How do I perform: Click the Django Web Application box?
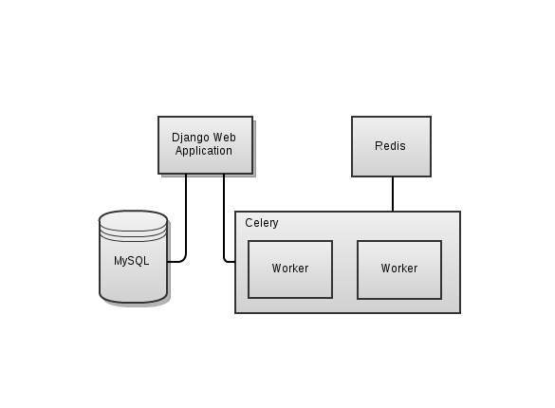pyautogui.click(x=205, y=145)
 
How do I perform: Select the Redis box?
pyautogui.click(x=391, y=146)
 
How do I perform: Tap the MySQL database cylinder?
pyautogui.click(x=133, y=257)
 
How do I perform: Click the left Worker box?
pyautogui.click(x=290, y=269)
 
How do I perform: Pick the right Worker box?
pyautogui.click(x=399, y=269)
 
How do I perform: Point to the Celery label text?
pyautogui.click(x=262, y=223)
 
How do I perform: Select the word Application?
pyautogui.click(x=204, y=151)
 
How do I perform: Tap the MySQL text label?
pyautogui.click(x=131, y=261)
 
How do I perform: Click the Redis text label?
pyautogui.click(x=390, y=146)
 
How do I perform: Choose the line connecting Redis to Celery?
pyautogui.click(x=393, y=194)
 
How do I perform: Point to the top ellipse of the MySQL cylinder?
pyautogui.click(x=133, y=220)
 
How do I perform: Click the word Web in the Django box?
pyautogui.click(x=225, y=138)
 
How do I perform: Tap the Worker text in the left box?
pyautogui.click(x=290, y=269)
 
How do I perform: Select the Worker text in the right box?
pyautogui.click(x=399, y=269)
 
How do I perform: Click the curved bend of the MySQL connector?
pyautogui.click(x=184, y=260)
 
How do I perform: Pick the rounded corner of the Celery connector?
pyautogui.click(x=226, y=260)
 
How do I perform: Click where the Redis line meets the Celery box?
pyautogui.click(x=393, y=212)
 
